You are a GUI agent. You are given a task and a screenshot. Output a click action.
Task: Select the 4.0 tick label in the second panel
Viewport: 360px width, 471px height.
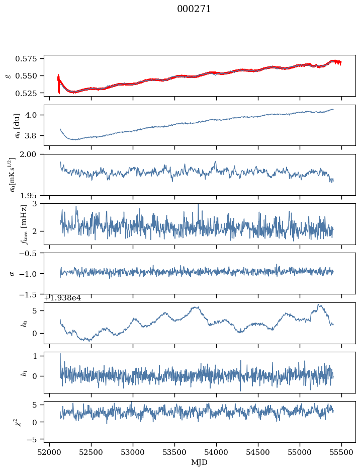point(34,115)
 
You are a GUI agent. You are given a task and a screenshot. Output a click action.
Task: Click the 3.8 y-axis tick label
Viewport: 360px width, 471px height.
point(34,135)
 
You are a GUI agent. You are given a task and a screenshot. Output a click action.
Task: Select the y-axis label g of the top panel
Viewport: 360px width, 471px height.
point(8,75)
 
